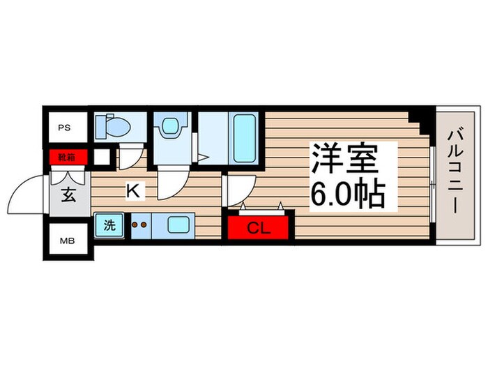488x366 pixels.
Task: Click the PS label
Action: pos(64,128)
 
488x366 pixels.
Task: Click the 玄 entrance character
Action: pos(69,195)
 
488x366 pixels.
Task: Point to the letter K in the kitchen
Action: pos(131,189)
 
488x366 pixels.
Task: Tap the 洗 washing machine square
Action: pos(109,226)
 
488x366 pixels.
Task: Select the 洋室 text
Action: pos(344,161)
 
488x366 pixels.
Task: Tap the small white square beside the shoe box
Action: pos(102,157)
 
